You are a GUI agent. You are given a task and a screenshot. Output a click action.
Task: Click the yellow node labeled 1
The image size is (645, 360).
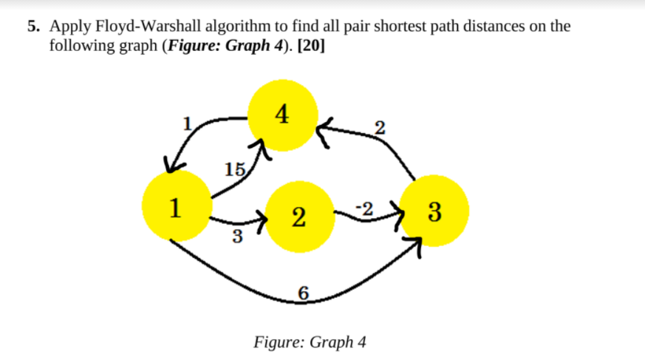click(x=175, y=206)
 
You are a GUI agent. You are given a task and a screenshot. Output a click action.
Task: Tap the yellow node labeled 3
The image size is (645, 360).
click(x=434, y=211)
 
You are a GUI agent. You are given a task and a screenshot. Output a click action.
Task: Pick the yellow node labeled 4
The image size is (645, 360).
click(x=283, y=115)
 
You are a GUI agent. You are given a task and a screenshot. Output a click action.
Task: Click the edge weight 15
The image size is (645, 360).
click(x=233, y=169)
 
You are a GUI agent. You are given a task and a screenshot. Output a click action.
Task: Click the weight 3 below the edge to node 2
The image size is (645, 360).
click(x=236, y=237)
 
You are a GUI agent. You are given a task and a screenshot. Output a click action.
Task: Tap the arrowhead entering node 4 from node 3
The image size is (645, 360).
click(x=325, y=130)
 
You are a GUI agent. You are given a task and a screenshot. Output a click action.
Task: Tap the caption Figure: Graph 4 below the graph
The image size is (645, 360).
click(x=310, y=342)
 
